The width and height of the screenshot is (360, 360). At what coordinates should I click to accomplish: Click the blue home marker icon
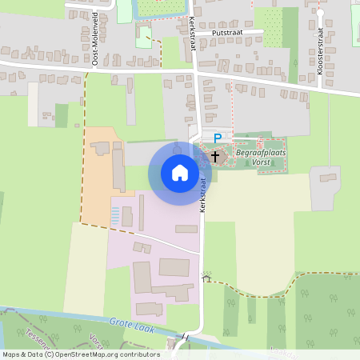(180, 172)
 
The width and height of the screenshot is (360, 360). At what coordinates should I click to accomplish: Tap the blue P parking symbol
(217, 138)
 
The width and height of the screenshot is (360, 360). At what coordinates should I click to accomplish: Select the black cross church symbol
(215, 156)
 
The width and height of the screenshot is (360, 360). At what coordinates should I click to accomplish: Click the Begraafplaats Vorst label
(260, 156)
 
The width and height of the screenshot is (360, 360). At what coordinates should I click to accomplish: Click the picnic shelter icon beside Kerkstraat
(206, 278)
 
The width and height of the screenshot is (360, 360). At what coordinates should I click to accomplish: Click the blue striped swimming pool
(116, 215)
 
